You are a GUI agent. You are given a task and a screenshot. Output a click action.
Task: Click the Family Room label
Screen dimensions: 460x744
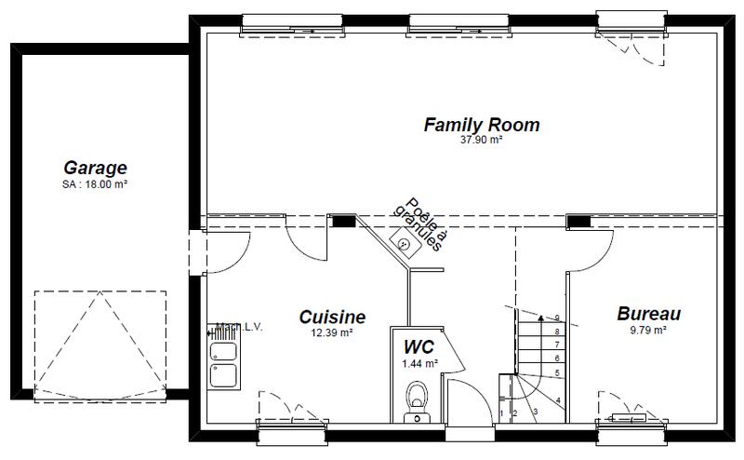(x=481, y=125)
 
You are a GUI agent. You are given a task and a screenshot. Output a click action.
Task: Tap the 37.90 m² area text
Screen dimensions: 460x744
(x=481, y=141)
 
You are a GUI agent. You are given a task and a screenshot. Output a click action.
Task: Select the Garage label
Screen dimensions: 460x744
(x=95, y=169)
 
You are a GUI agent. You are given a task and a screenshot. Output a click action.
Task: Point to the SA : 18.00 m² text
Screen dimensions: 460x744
(x=95, y=184)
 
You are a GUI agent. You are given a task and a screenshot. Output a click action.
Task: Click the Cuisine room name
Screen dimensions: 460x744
(x=331, y=318)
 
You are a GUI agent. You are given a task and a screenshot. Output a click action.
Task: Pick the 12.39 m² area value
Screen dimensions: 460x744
(x=331, y=332)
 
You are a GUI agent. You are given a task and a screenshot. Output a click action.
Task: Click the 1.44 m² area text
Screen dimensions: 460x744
(x=418, y=362)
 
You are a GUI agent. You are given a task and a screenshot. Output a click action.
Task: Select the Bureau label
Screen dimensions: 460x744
(x=649, y=315)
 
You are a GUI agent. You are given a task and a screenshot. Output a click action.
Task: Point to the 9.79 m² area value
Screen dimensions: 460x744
(x=649, y=330)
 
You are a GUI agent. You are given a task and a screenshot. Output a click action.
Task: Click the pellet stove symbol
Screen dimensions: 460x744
(x=405, y=245)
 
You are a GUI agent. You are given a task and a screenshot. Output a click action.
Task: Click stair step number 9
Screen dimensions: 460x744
(x=556, y=318)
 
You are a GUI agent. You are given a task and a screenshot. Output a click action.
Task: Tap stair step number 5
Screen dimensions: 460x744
(x=556, y=372)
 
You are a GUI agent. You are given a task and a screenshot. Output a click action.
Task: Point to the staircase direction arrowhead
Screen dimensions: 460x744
(x=540, y=318)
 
